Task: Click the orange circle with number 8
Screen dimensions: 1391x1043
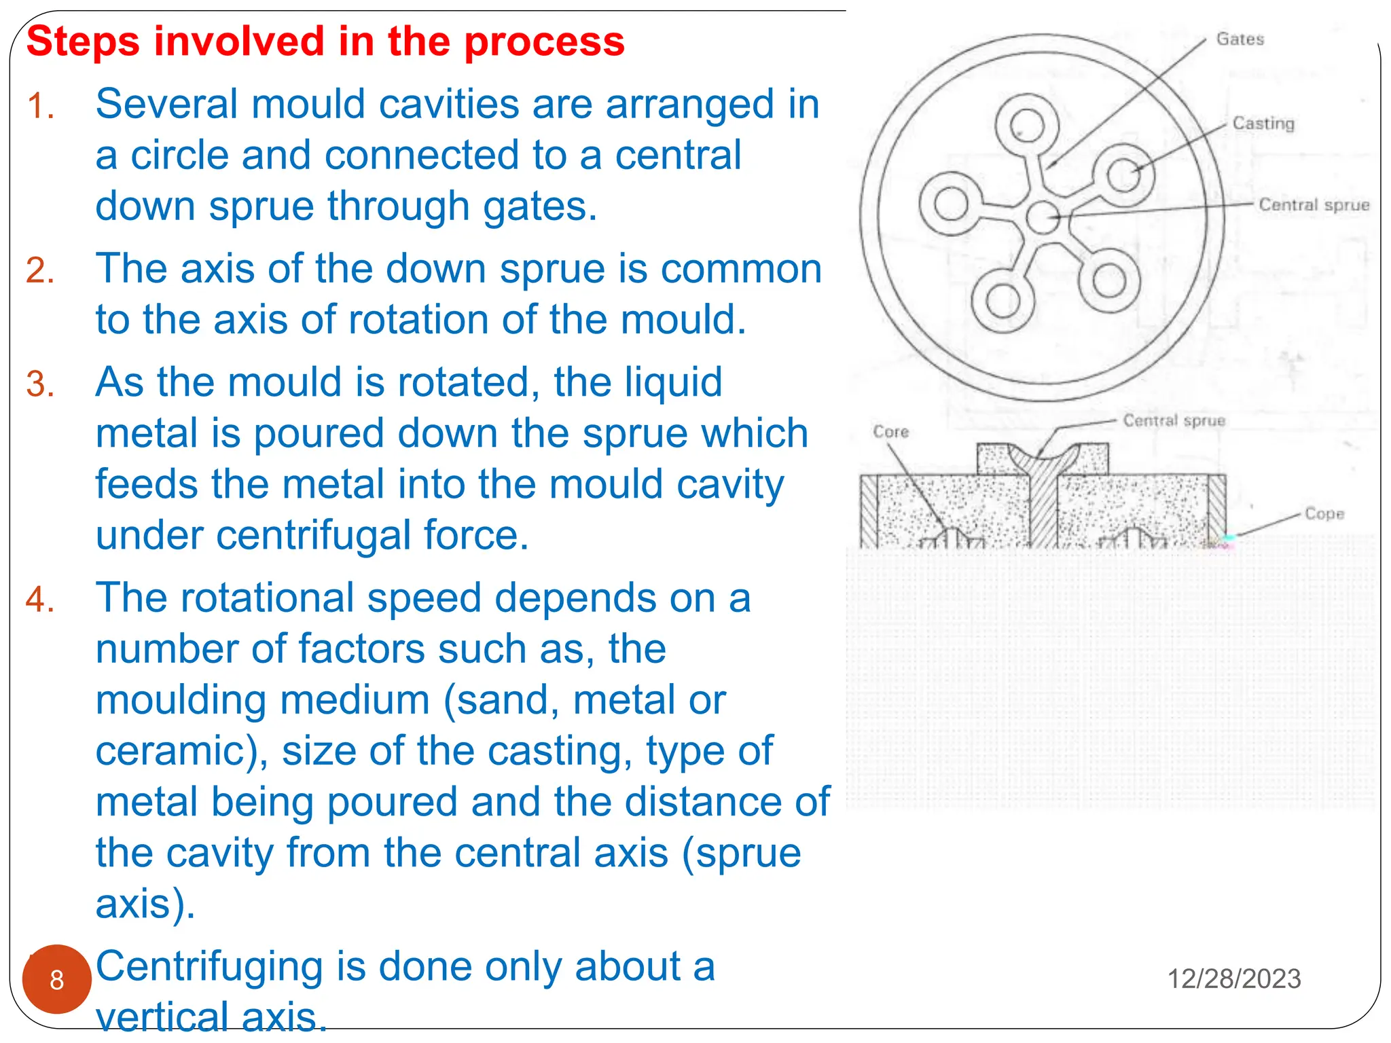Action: pyautogui.click(x=57, y=979)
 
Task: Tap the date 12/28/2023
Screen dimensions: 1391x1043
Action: pyautogui.click(x=1233, y=979)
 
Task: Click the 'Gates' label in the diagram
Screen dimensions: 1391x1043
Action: pyautogui.click(x=1240, y=39)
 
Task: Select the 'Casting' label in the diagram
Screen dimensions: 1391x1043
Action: pyautogui.click(x=1263, y=124)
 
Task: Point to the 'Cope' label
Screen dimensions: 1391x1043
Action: pyautogui.click(x=1324, y=514)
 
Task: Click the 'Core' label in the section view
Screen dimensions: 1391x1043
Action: pyautogui.click(x=890, y=432)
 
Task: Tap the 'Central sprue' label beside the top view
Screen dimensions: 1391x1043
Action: pyautogui.click(x=1314, y=205)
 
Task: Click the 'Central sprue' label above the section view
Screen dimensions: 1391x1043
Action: pyautogui.click(x=1174, y=421)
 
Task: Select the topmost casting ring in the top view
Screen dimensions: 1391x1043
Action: pyautogui.click(x=1026, y=126)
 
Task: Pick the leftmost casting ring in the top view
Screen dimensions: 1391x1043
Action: pyautogui.click(x=951, y=204)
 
